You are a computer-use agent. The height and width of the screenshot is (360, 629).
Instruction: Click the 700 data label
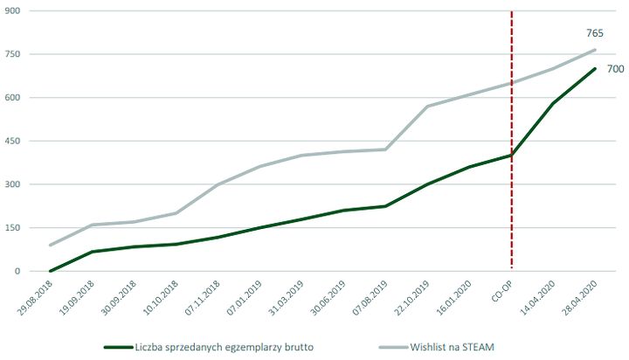coord(614,69)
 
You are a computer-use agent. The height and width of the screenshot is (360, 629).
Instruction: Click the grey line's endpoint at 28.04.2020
coord(595,50)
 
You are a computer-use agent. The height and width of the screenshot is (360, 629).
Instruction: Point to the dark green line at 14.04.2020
coord(553,104)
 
